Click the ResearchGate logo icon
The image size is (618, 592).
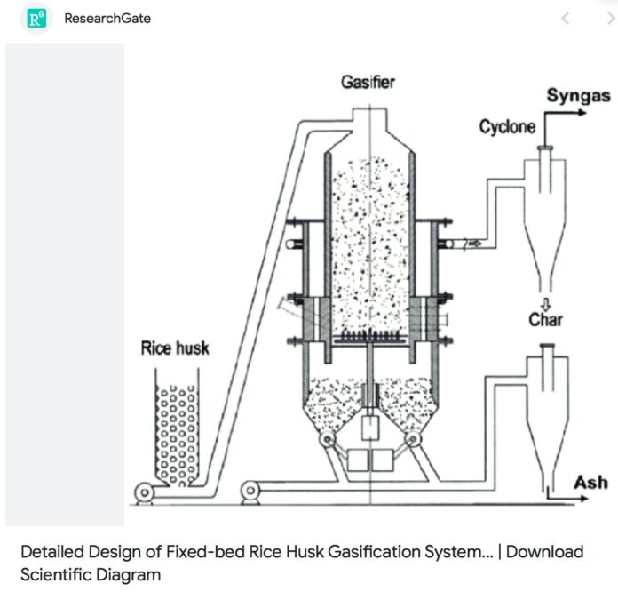(37, 18)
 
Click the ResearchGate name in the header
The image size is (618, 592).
(107, 18)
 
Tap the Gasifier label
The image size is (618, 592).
(368, 83)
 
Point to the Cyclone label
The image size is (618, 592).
(507, 126)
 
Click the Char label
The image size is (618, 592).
(545, 319)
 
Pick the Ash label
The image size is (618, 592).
(590, 482)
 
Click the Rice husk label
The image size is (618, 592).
(175, 348)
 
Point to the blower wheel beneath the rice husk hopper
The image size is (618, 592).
(142, 492)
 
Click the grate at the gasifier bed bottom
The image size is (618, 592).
(368, 339)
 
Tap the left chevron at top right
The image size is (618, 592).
(566, 18)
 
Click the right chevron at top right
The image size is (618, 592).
(609, 18)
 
